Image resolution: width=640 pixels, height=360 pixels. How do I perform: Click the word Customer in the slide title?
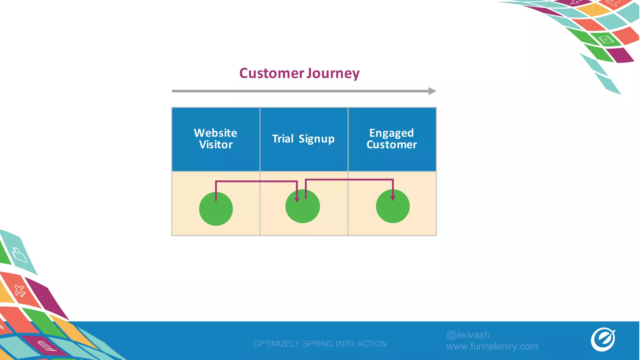click(x=271, y=73)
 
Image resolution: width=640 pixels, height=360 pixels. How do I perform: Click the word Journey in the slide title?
click(x=333, y=73)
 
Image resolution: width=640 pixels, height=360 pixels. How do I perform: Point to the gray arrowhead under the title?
click(x=432, y=91)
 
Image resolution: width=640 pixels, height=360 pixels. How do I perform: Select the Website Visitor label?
click(x=216, y=139)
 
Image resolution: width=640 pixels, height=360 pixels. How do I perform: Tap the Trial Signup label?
click(x=303, y=139)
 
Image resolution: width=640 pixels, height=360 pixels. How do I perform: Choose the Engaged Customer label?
click(x=392, y=139)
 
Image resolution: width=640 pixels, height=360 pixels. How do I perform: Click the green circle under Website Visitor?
click(x=216, y=209)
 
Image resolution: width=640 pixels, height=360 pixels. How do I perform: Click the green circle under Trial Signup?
click(x=302, y=206)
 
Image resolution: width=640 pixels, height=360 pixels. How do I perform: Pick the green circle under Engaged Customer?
click(x=393, y=206)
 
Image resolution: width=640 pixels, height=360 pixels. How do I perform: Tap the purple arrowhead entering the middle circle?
click(x=297, y=200)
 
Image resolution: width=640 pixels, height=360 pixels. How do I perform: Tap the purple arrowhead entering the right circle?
click(x=393, y=198)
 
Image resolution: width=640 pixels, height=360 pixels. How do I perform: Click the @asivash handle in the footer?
click(x=468, y=335)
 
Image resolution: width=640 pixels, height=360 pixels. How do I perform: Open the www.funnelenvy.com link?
click(x=492, y=346)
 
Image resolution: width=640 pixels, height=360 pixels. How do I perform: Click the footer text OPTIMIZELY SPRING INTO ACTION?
click(x=320, y=343)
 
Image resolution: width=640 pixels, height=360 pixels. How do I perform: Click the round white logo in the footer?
click(x=603, y=339)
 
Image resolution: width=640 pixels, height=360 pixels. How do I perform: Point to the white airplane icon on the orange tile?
click(x=20, y=291)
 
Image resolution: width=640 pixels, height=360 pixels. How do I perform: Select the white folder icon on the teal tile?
click(x=19, y=255)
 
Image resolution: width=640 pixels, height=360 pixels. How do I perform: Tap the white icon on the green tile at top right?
click(x=606, y=40)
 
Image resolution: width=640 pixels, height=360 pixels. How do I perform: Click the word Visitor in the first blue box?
click(x=216, y=145)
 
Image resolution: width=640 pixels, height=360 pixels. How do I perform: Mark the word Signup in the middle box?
click(x=317, y=139)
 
